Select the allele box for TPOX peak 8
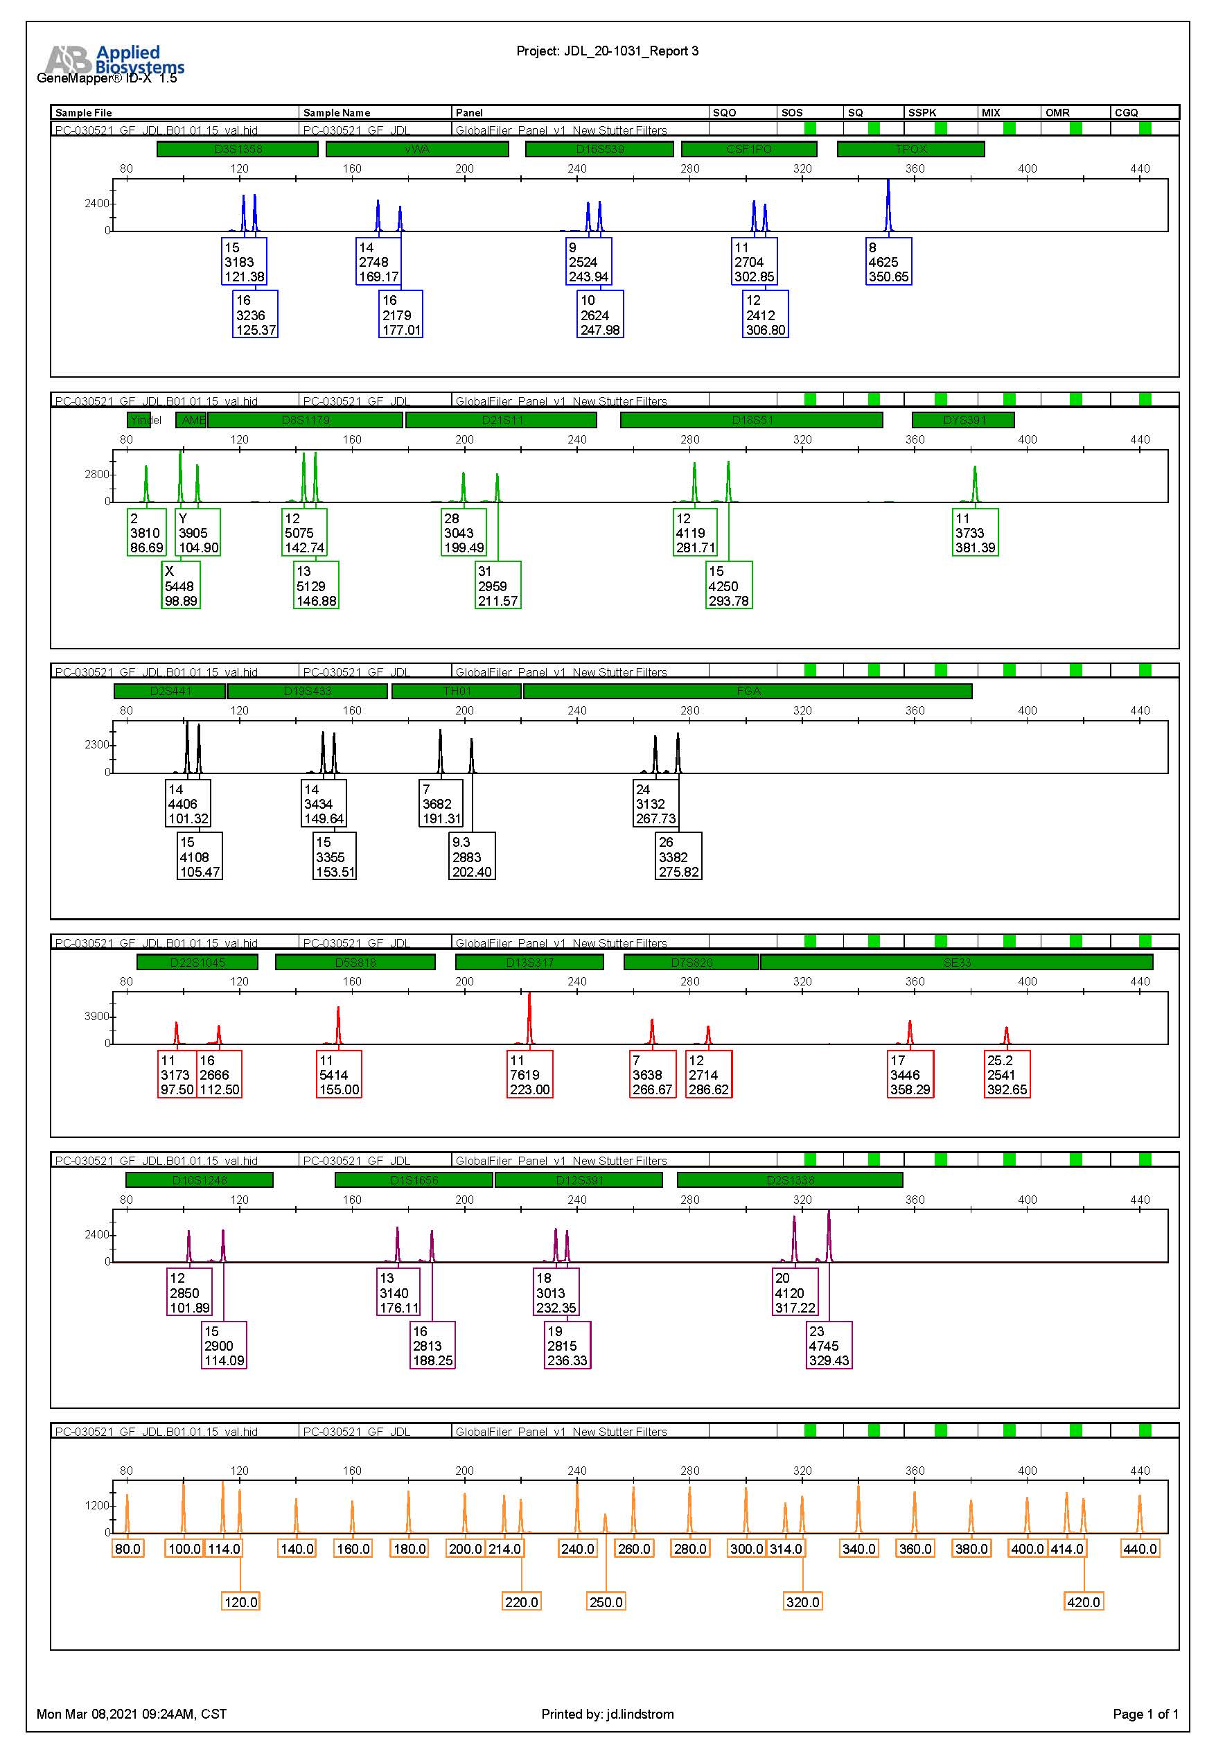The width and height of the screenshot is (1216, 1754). [x=888, y=262]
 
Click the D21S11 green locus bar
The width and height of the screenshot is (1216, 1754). [x=502, y=421]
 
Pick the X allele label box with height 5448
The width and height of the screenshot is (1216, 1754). [x=181, y=586]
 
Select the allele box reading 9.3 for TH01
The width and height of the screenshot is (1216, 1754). [x=472, y=857]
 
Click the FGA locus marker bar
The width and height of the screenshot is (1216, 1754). [x=748, y=691]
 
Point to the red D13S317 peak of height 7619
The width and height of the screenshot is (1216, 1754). [x=529, y=1017]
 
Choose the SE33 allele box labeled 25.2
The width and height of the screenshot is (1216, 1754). [x=1007, y=1074]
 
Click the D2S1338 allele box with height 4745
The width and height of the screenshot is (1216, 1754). [x=828, y=1346]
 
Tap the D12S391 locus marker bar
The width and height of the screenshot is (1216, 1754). [x=579, y=1180]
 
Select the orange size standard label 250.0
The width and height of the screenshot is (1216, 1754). [x=606, y=1602]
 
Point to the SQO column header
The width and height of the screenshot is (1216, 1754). [x=724, y=113]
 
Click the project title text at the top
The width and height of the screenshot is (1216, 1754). [x=607, y=51]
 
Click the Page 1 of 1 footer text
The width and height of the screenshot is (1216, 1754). [x=1145, y=1714]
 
